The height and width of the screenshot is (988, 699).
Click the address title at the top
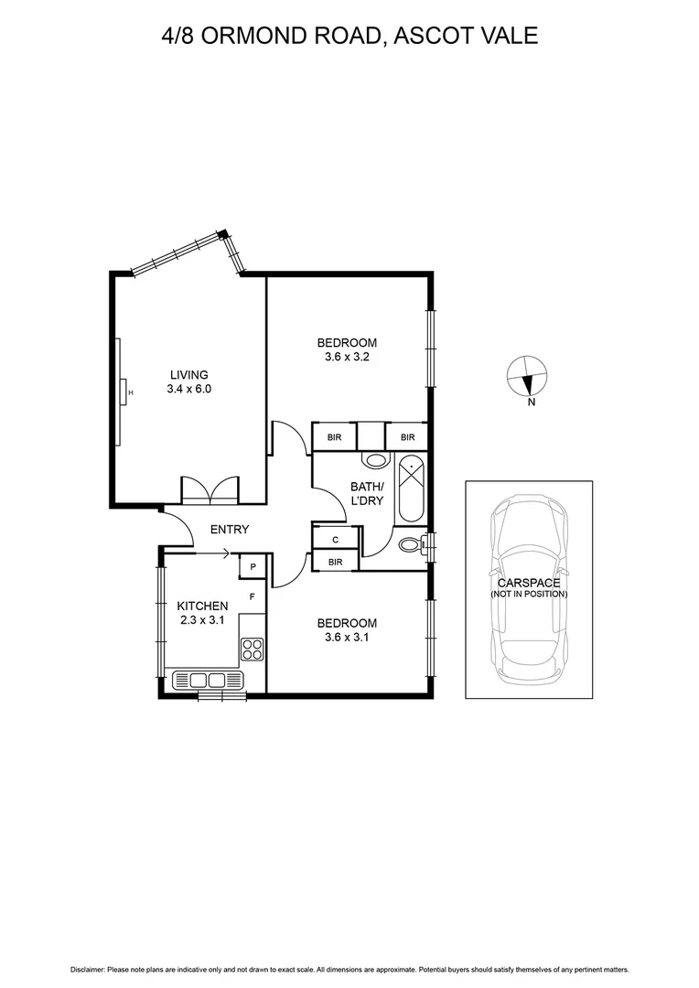(349, 36)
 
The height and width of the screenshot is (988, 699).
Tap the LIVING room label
(188, 374)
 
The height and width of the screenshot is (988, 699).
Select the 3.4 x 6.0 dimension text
(188, 389)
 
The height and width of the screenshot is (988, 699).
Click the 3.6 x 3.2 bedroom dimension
(347, 357)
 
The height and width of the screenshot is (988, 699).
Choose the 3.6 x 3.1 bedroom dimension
(347, 638)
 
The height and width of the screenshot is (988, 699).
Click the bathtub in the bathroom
(411, 489)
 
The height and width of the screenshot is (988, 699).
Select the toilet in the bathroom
(414, 545)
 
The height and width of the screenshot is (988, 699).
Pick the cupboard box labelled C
(336, 540)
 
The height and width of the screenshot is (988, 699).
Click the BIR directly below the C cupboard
(336, 562)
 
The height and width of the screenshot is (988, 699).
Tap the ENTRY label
(230, 530)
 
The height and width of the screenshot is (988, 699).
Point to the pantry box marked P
(252, 567)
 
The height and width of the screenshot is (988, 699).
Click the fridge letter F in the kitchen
(252, 596)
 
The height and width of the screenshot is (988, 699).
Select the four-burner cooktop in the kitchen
(252, 650)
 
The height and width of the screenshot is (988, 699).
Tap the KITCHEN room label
(201, 606)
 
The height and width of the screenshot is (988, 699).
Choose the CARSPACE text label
(528, 583)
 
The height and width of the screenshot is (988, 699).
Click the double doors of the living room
(210, 490)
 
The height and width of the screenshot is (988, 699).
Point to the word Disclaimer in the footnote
(89, 970)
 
